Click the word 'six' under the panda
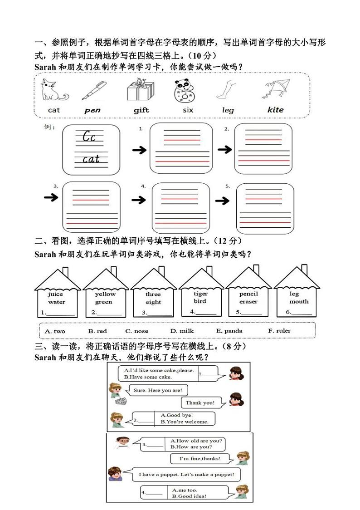(188, 110)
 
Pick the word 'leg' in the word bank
(228, 110)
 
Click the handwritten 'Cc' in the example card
(89, 137)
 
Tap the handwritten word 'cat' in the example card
(91, 159)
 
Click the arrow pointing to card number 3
(51, 197)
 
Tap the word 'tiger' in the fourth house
(200, 294)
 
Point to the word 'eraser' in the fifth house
(248, 302)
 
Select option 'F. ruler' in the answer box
(279, 331)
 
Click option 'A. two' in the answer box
(55, 331)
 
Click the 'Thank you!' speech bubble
(199, 402)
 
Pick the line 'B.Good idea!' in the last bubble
(190, 496)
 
